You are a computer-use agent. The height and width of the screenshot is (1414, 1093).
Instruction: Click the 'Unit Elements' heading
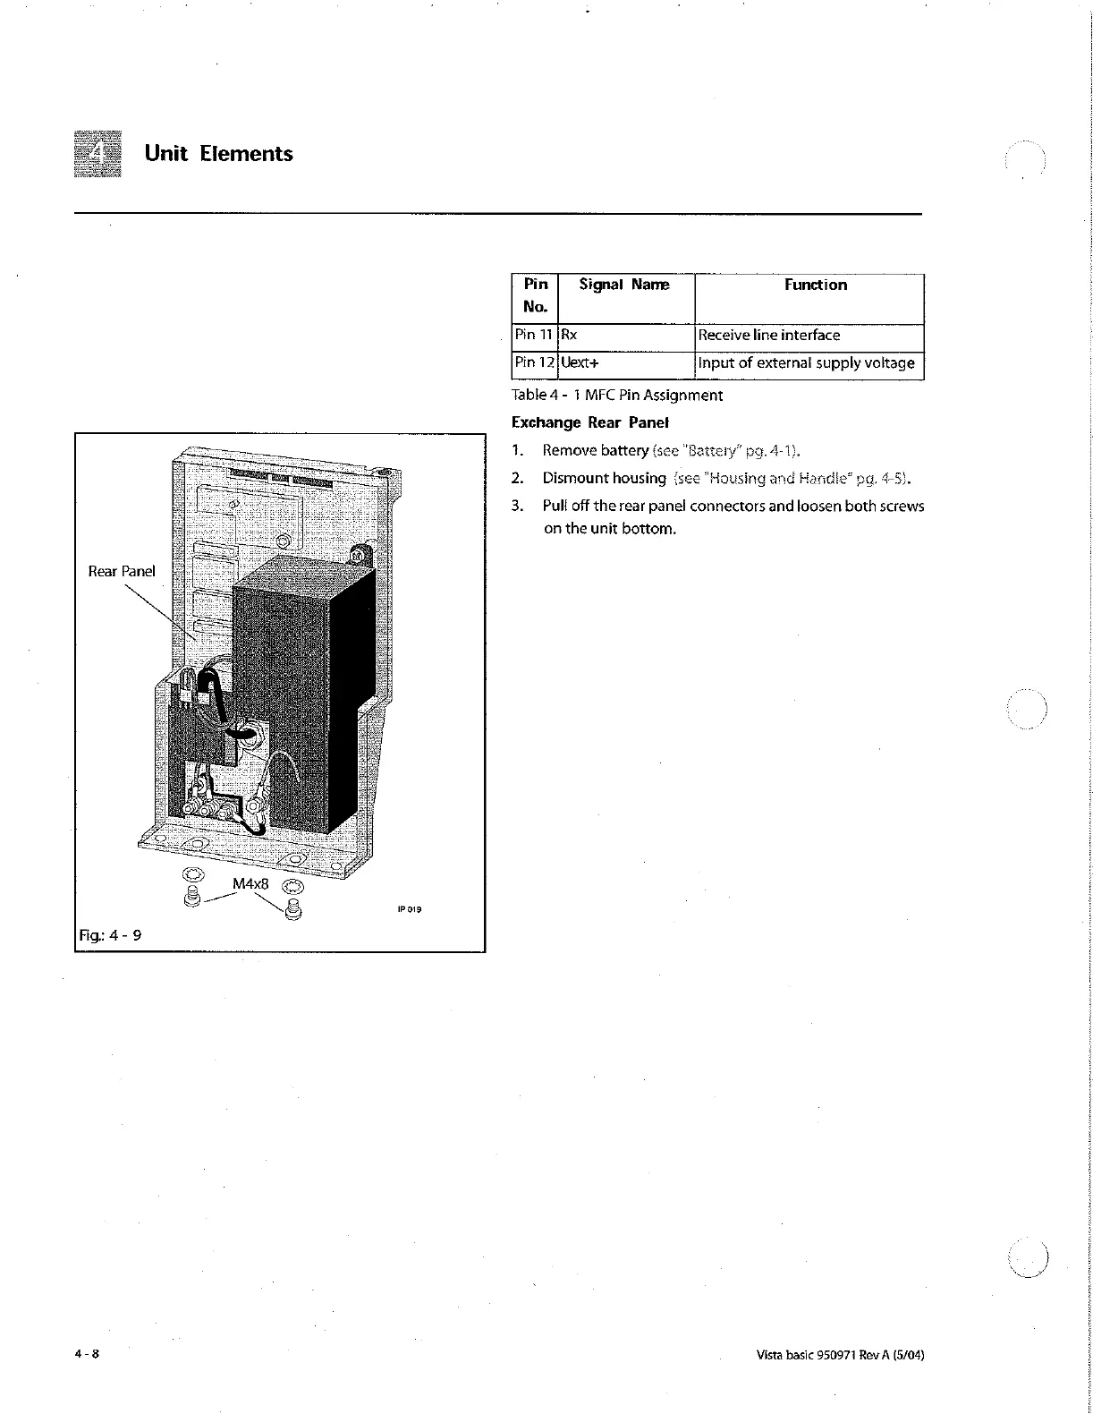218,153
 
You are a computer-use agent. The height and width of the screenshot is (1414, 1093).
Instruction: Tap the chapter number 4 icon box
97,153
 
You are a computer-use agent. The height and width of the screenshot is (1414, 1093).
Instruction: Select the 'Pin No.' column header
535,295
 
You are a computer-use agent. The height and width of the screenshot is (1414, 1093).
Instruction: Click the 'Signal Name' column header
623,285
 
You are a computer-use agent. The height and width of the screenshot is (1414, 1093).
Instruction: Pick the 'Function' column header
815,285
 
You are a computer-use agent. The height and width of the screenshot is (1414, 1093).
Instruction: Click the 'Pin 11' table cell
534,335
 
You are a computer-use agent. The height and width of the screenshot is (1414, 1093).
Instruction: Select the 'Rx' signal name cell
570,336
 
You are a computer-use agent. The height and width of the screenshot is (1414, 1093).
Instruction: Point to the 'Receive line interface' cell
768,335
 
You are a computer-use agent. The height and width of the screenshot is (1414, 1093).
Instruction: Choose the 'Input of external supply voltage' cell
806,362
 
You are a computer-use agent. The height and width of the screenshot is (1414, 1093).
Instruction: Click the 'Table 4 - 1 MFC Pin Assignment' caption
616,395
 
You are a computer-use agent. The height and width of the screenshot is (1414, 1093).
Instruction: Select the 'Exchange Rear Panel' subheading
590,422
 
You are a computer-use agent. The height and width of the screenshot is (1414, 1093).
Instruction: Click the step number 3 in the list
516,506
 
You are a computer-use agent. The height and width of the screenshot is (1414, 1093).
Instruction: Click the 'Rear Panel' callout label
122,571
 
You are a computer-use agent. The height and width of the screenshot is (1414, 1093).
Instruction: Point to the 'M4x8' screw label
250,884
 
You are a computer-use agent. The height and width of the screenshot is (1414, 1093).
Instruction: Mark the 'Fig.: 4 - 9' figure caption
109,935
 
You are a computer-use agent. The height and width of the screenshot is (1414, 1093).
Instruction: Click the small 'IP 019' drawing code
408,910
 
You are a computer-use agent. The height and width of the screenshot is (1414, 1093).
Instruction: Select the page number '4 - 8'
87,1354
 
